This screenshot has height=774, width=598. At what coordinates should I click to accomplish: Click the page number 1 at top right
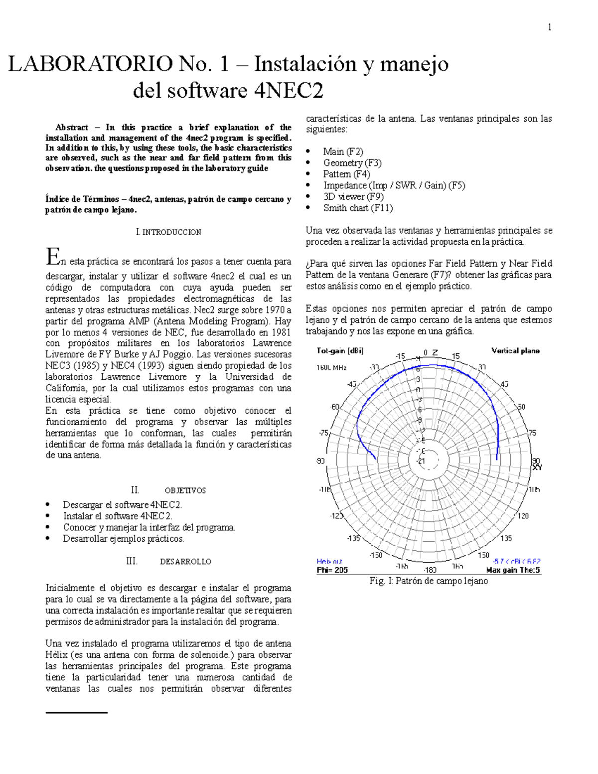pos(549,27)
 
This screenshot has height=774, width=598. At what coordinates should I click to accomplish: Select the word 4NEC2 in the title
pos(289,91)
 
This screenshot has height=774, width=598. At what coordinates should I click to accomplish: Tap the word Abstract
pos(71,128)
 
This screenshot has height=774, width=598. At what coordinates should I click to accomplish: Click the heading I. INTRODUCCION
pos(168,232)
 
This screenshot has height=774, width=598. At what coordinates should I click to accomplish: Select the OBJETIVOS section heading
pos(185,490)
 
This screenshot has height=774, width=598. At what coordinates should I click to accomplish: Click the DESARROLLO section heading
pos(185,562)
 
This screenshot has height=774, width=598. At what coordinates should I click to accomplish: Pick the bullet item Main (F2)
pos(343,152)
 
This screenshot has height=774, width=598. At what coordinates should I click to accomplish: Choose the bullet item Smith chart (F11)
pos(358,208)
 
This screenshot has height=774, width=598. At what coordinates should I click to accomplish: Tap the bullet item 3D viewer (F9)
pos(353,197)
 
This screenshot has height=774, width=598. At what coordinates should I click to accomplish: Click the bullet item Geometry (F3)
pos(352,163)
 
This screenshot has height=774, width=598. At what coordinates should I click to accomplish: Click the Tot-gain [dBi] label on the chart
pos(340,351)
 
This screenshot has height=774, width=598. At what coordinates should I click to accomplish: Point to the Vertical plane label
pos(515,351)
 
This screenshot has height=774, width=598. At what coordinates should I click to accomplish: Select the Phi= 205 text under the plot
pos(332,570)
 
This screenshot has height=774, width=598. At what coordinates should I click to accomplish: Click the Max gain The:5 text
pos(513,570)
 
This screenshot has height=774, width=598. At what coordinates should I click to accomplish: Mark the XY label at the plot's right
pos(537,467)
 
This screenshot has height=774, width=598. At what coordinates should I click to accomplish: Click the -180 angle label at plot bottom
pos(430,570)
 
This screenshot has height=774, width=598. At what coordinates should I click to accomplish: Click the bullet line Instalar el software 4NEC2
pos(117,516)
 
